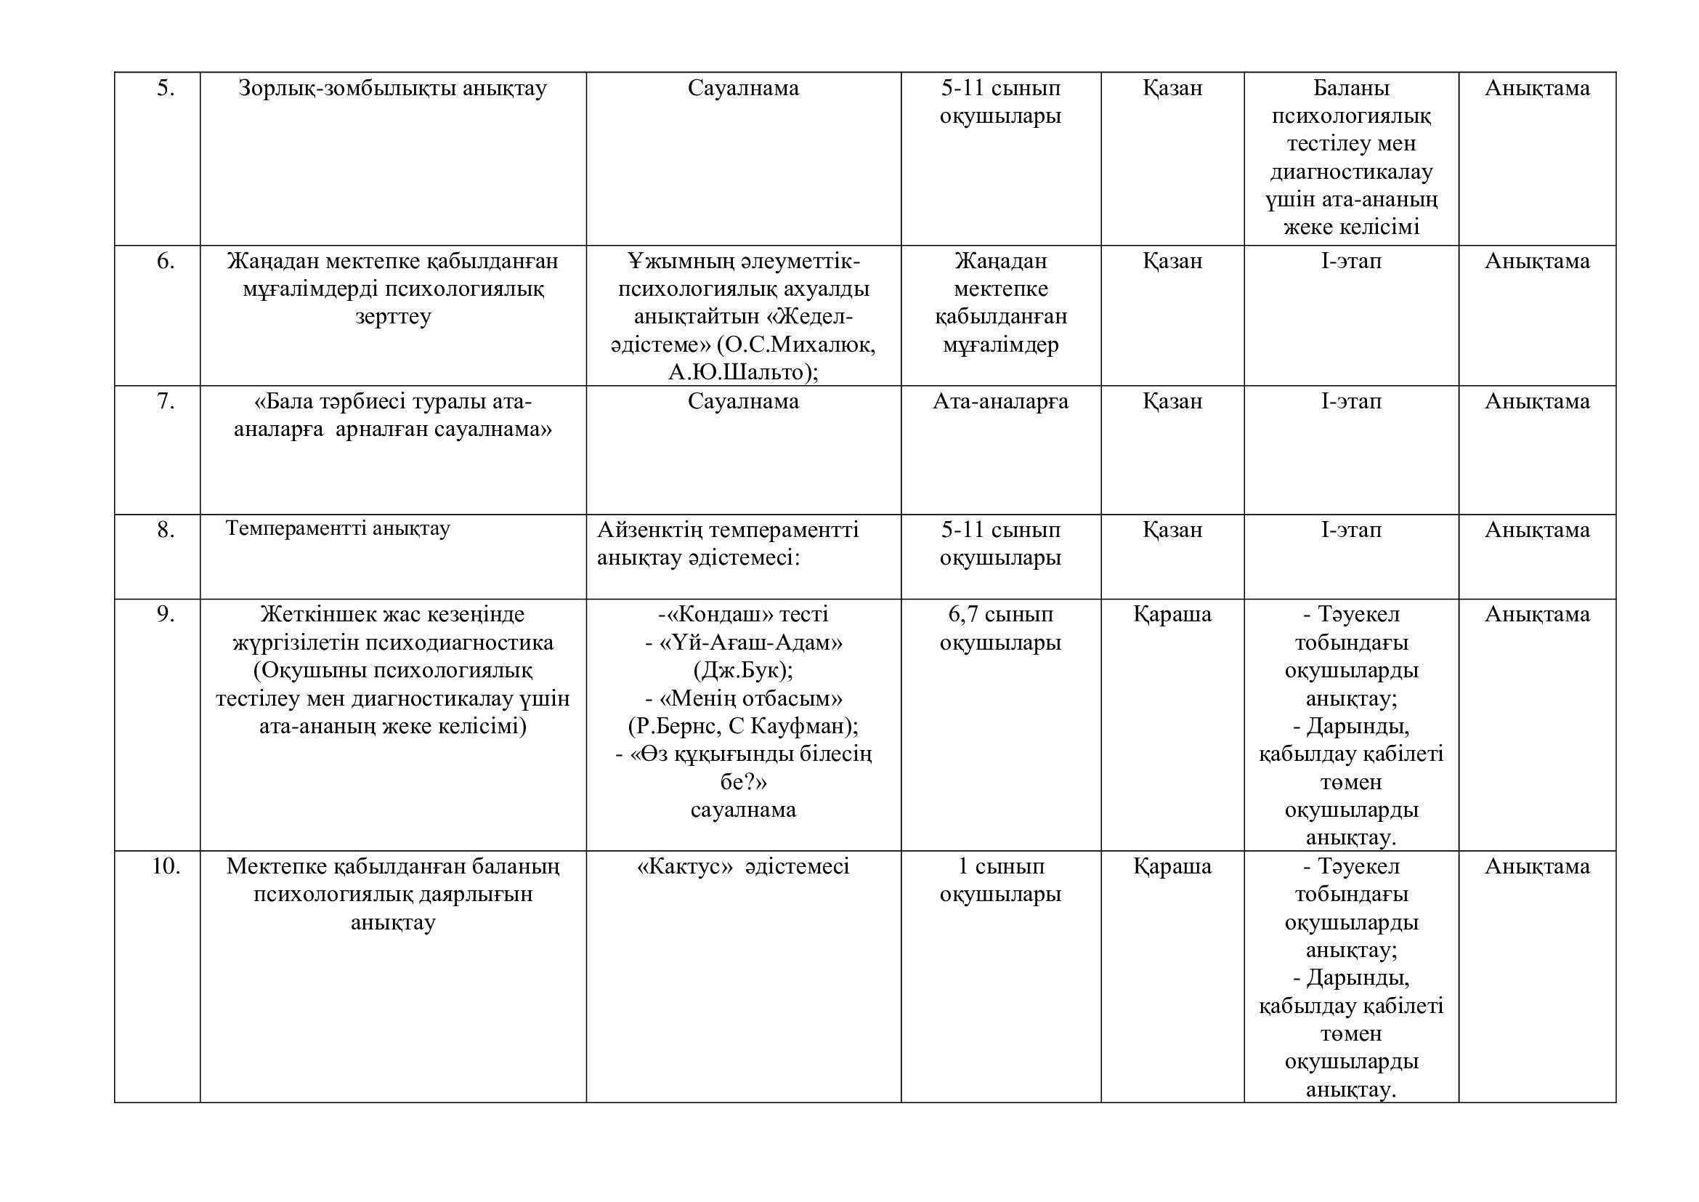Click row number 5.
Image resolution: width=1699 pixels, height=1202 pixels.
coord(165,89)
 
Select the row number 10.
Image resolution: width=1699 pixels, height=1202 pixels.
coord(166,866)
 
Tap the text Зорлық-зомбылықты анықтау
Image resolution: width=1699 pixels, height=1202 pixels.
coord(392,89)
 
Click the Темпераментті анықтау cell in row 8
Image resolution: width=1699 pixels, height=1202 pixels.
coord(338,528)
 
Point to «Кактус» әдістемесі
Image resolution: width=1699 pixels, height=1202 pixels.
coord(743,866)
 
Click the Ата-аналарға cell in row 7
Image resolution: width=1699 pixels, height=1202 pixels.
coord(1000,402)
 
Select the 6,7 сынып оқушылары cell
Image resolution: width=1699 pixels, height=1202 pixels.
coord(1000,629)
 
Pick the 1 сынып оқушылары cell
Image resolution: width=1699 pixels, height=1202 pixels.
coord(1000,880)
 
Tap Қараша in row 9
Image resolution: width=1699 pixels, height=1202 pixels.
coord(1172,614)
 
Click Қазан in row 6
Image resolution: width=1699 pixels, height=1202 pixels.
coord(1172,262)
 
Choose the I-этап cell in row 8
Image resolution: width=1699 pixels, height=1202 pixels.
coord(1351,530)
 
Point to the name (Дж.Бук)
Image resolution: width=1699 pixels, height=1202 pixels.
coord(743,671)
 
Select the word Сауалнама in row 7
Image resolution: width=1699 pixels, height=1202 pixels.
coord(743,402)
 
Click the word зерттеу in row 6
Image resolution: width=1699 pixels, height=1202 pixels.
coord(392,317)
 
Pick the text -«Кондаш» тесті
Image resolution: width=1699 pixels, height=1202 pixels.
coord(743,614)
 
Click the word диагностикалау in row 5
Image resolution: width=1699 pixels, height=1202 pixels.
coord(1351,172)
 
